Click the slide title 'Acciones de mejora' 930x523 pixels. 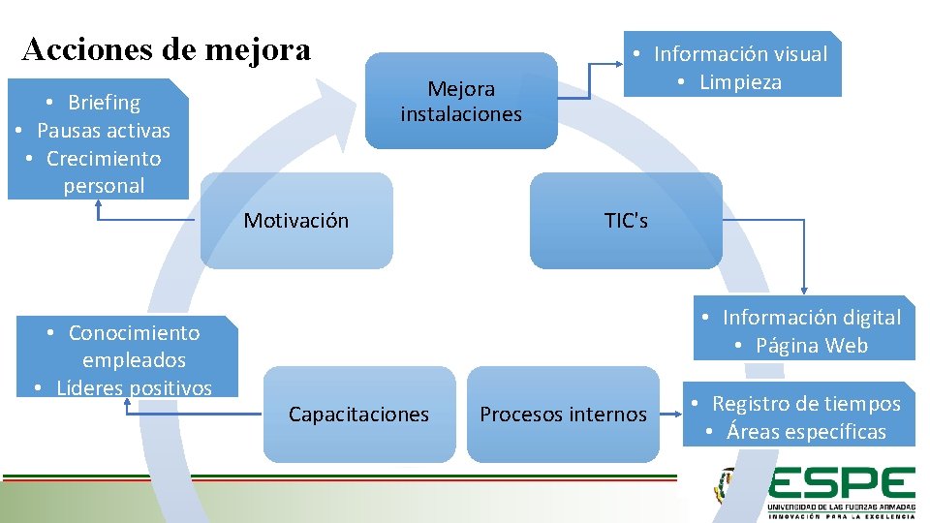pos(166,48)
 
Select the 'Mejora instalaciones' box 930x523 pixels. pos(461,101)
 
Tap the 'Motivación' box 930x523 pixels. pos(296,221)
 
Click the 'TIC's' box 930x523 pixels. pos(626,221)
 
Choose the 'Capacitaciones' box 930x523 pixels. pos(358,415)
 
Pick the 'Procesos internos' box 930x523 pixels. pos(563,415)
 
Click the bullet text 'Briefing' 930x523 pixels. pos(104,103)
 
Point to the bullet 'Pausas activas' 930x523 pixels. pos(103,131)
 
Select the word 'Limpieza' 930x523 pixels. pos(740,82)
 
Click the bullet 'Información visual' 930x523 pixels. pos(740,54)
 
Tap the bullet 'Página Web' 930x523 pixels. pos(812,346)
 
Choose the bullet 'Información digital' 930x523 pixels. pos(811,318)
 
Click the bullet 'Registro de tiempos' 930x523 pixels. pos(806,404)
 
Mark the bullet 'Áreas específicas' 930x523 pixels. pos(806,432)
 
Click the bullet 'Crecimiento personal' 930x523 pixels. pos(103,171)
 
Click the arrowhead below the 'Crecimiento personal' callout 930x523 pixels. pos(98,204)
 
